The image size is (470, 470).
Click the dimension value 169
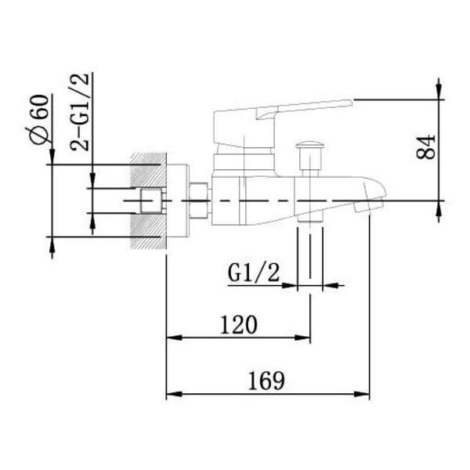point(266,381)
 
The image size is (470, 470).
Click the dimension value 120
point(239,324)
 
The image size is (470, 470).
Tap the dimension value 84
point(425,147)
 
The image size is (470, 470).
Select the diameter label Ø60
point(39,119)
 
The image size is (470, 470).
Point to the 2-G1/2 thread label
point(79,111)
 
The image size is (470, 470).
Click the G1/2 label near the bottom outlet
point(254,273)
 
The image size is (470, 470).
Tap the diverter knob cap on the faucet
point(310,145)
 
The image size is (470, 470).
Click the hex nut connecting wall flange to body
point(199,201)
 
